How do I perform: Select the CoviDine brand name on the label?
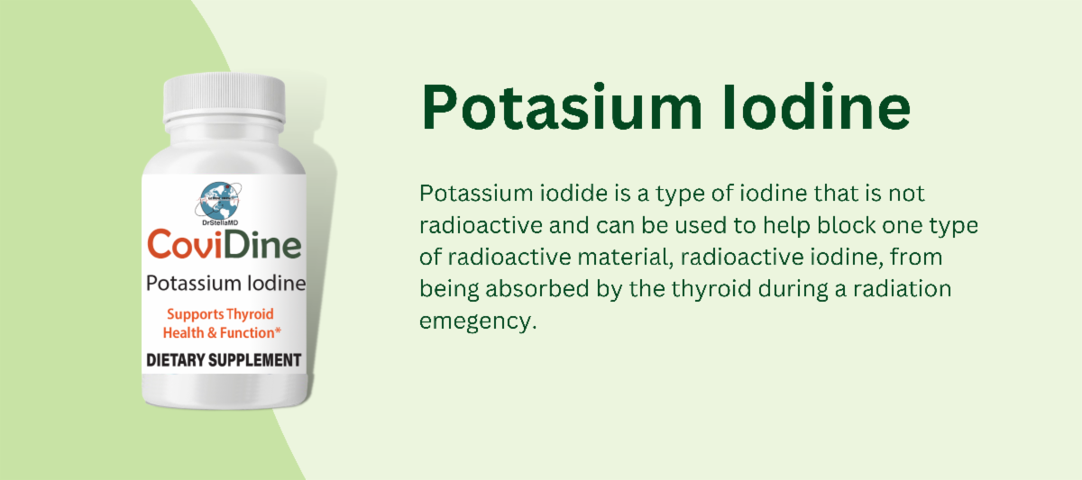[225, 246]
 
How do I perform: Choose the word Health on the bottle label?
[183, 332]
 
